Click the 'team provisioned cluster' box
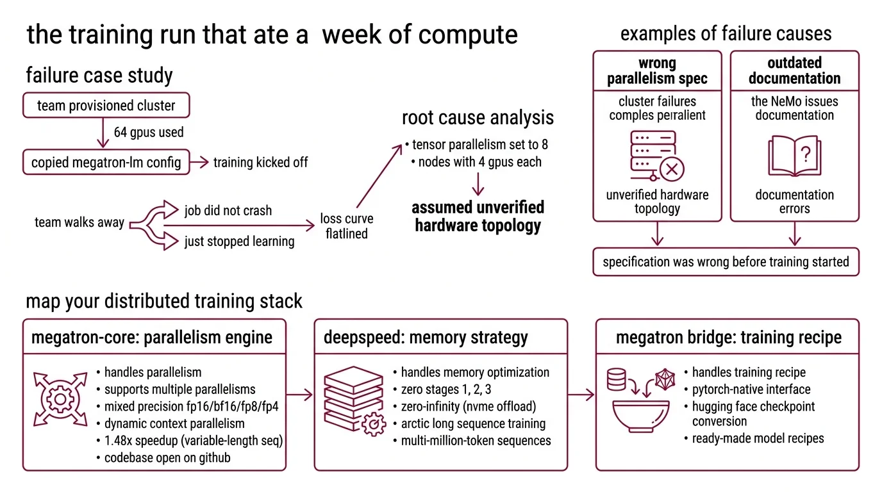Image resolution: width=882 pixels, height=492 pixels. click(x=106, y=106)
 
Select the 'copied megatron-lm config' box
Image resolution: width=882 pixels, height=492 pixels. click(x=106, y=162)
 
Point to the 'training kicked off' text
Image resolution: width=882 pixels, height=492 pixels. click(x=260, y=162)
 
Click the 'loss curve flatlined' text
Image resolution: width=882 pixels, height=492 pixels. click(x=346, y=226)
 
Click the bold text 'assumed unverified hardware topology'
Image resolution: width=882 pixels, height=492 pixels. click(x=478, y=217)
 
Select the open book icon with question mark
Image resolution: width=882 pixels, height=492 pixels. click(x=794, y=156)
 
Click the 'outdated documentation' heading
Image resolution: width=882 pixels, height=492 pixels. click(x=794, y=70)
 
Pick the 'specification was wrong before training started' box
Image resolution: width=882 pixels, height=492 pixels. click(x=726, y=262)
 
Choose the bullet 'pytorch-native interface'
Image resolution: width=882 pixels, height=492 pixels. click(x=751, y=389)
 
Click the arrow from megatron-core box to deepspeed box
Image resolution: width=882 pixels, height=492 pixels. click(x=300, y=395)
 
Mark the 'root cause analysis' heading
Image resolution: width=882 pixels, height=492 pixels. click(x=478, y=118)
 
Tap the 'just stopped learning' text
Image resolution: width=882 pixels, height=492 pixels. click(x=239, y=242)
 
